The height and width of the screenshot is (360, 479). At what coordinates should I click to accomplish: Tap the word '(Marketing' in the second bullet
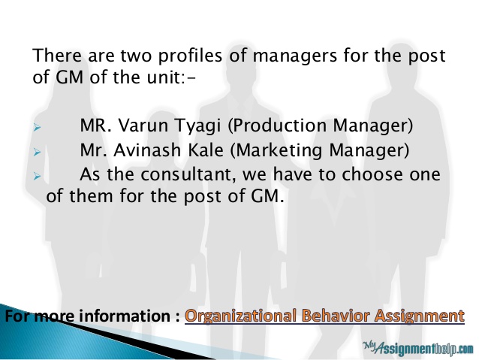[x=276, y=151]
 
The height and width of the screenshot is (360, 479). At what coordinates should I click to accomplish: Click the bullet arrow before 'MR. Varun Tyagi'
[x=37, y=128]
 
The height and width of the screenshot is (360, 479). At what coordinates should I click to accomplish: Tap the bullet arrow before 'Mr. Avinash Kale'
[x=37, y=152]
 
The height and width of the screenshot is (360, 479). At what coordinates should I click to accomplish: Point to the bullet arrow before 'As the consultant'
[x=37, y=176]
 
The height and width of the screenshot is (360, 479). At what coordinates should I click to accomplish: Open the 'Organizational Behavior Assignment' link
[x=324, y=316]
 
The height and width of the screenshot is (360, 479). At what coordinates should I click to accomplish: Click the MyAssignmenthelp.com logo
[x=418, y=348]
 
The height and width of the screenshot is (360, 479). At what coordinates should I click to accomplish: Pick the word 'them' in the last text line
[x=92, y=196]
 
